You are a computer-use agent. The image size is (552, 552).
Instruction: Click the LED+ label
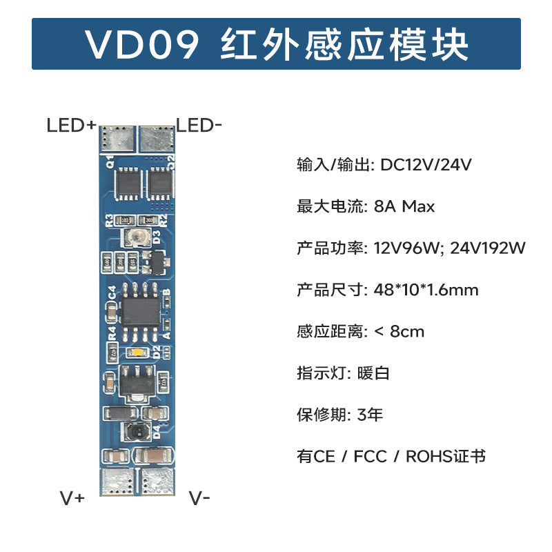click(72, 126)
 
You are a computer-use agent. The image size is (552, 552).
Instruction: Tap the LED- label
click(199, 125)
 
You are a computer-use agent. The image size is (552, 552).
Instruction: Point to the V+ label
click(72, 498)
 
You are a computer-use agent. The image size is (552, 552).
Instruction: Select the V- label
click(199, 498)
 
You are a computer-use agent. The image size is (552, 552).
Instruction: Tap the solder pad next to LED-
click(157, 137)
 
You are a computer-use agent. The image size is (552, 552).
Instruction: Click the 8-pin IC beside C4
click(139, 312)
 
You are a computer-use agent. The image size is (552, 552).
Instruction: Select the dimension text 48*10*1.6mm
click(426, 290)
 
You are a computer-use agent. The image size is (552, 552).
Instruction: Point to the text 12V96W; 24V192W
click(450, 248)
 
